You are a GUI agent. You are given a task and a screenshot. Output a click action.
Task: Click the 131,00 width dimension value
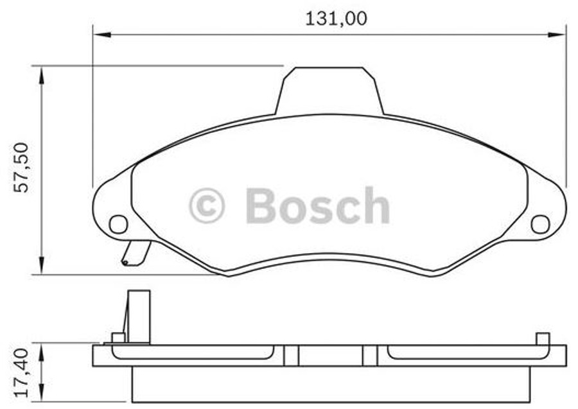click(x=335, y=19)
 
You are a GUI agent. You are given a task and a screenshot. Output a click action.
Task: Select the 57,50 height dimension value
click(x=22, y=168)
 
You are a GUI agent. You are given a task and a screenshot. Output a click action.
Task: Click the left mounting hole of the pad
click(x=118, y=224)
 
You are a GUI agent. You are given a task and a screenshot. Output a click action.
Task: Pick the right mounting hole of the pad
click(x=540, y=224)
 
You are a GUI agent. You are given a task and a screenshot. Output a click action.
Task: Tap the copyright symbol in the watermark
click(x=207, y=206)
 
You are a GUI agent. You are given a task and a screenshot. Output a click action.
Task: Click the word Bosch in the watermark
click(x=317, y=206)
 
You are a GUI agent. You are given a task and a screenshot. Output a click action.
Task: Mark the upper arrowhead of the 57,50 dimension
click(x=42, y=74)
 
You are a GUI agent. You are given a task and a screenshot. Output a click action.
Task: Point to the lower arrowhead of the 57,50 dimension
click(x=42, y=266)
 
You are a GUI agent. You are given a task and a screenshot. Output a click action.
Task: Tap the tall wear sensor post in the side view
click(x=138, y=316)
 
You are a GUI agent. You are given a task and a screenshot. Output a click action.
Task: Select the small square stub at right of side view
click(x=543, y=338)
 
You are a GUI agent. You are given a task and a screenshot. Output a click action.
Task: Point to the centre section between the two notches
click(x=331, y=355)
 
